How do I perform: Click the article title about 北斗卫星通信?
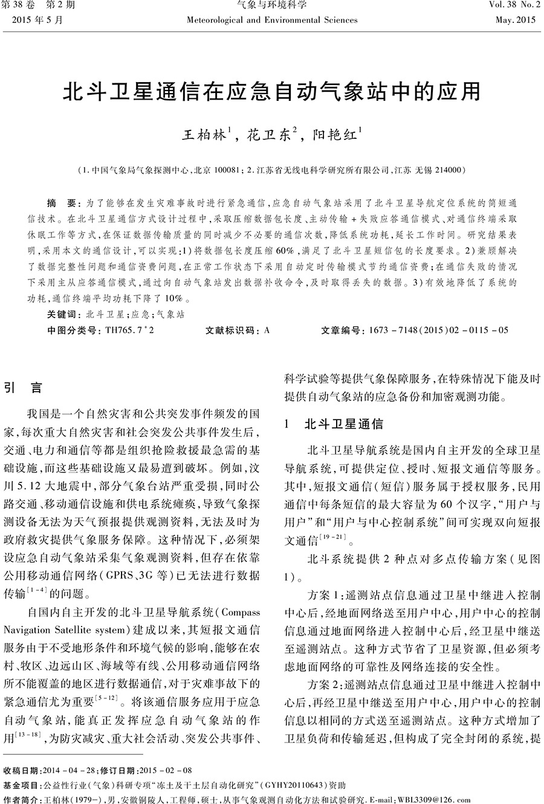(x=272, y=92)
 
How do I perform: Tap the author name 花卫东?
(x=268, y=134)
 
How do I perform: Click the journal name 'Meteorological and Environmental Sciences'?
(x=272, y=20)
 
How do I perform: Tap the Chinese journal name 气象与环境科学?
(x=272, y=6)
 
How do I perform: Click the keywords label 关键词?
(x=63, y=314)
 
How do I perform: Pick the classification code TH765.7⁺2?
(x=129, y=330)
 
